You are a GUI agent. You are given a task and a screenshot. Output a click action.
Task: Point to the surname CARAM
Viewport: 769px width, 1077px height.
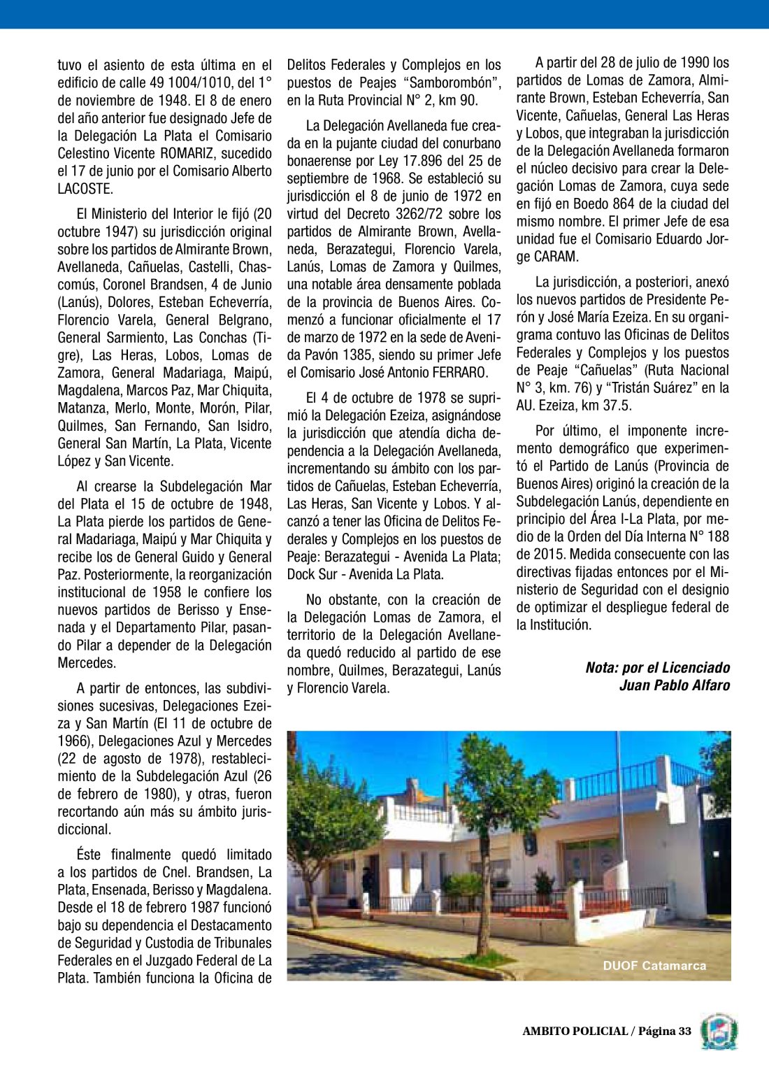(x=556, y=257)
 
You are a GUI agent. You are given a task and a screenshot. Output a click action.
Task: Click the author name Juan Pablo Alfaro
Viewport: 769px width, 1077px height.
(x=675, y=685)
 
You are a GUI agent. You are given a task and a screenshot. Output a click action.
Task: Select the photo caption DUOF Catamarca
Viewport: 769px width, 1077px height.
(x=654, y=966)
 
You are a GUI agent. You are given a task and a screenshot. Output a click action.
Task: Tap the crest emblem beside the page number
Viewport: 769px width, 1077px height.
(x=719, y=1032)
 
